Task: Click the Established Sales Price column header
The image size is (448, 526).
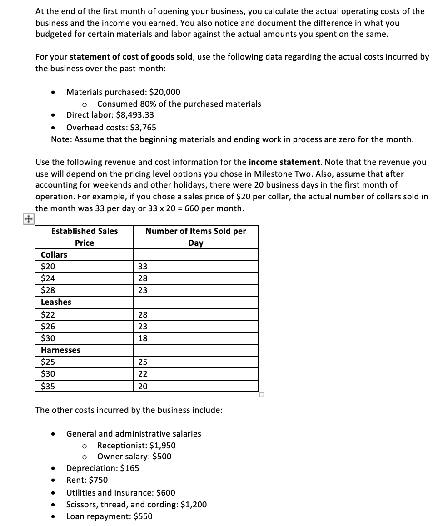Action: [84, 237]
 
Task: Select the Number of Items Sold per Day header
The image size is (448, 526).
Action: [195, 237]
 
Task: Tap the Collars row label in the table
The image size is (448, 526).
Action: [54, 255]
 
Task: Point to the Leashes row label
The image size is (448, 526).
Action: [56, 302]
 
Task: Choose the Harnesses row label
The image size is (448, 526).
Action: [60, 350]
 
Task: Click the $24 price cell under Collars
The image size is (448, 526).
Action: [48, 278]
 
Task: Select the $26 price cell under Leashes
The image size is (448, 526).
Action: [48, 327]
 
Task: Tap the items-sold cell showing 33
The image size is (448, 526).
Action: [143, 267]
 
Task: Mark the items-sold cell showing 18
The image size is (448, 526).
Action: [143, 338]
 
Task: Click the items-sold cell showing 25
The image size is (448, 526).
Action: [143, 362]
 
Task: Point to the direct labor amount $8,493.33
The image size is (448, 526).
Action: [135, 115]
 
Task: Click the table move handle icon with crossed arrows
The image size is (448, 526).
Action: [28, 219]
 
